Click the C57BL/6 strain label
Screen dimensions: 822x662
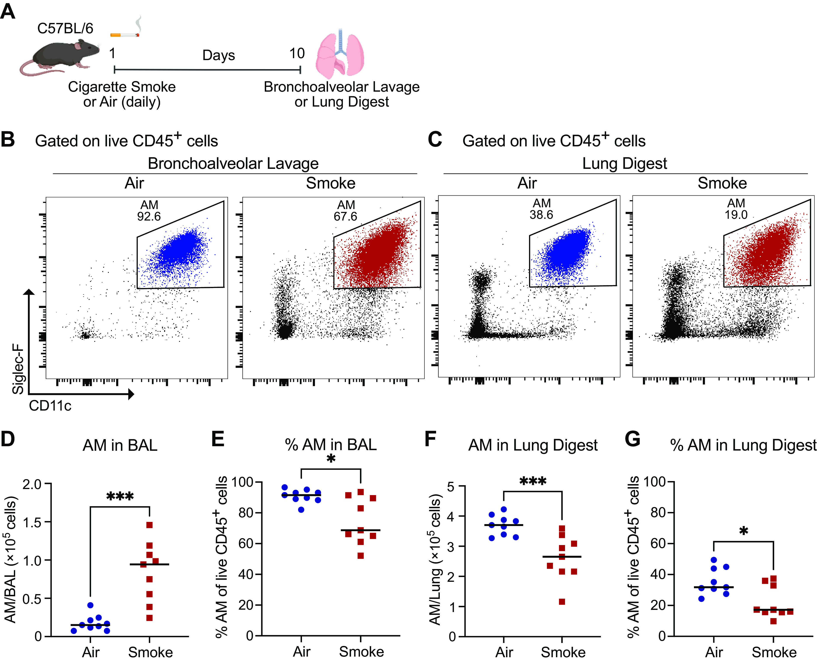[65, 28]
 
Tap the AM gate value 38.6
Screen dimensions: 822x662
[541, 215]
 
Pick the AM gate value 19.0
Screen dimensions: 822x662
[736, 215]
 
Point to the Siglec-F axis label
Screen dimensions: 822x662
[18, 369]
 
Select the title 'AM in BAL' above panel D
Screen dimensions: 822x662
[120, 445]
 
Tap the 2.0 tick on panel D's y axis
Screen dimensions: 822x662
[32, 484]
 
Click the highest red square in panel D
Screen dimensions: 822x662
[149, 525]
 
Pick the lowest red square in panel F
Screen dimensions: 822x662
[562, 602]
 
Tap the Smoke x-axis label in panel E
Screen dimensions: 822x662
[361, 652]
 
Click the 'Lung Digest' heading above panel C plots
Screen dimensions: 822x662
[625, 163]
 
